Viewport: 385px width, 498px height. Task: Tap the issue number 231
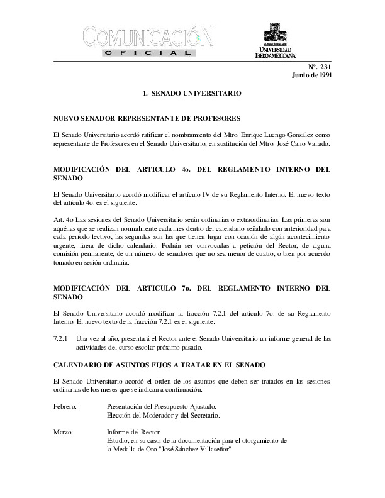click(325, 67)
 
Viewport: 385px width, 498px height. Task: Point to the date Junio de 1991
click(312, 75)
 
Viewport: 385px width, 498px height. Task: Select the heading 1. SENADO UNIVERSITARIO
click(192, 94)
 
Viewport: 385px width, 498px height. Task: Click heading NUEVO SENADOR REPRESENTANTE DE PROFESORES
click(147, 118)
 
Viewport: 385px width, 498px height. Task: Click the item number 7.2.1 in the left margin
click(60, 339)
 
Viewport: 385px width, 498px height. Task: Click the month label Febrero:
click(65, 407)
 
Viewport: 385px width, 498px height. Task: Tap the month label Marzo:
click(64, 433)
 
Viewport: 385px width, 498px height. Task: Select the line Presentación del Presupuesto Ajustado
click(162, 407)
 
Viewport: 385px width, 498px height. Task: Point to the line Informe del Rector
click(134, 433)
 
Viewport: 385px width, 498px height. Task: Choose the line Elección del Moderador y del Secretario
click(164, 416)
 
